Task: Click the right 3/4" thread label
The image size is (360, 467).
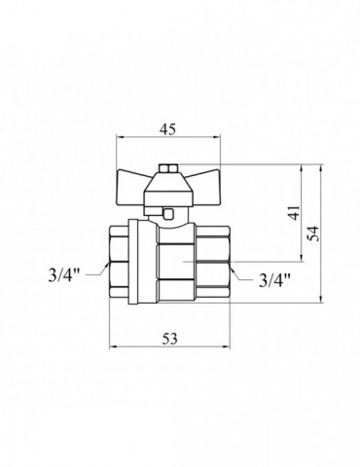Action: pos(276,282)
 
